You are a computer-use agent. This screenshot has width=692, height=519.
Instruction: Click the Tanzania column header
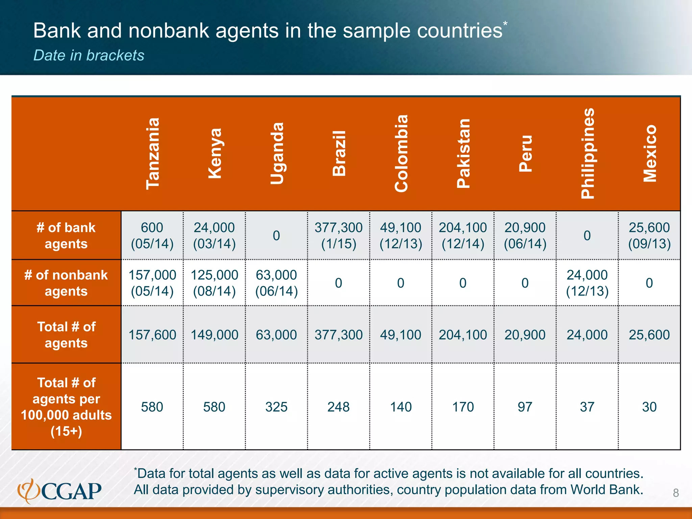152,154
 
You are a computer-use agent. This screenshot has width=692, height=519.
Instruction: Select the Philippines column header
587,154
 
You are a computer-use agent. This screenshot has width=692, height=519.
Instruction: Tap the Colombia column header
401,154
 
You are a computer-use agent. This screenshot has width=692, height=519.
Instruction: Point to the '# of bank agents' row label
66,236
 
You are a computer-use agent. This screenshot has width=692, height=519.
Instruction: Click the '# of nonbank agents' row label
66,283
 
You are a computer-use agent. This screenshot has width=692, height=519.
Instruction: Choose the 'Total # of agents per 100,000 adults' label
66,407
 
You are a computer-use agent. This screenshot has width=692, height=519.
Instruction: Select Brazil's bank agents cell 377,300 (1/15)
339,236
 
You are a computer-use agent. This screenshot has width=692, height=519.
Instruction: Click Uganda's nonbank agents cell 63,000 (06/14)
276,283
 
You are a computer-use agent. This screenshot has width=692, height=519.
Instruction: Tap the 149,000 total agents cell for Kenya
215,335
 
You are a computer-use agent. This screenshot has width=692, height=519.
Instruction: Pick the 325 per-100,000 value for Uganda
276,407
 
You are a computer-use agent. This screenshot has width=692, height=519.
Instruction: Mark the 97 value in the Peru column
525,407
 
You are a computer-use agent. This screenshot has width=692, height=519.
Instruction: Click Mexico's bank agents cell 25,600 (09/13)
649,236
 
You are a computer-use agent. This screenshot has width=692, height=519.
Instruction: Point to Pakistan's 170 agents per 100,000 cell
463,407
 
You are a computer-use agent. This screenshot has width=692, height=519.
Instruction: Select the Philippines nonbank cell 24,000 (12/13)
587,283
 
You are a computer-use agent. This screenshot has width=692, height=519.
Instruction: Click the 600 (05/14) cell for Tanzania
152,236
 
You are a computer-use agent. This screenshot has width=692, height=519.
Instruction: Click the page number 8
676,493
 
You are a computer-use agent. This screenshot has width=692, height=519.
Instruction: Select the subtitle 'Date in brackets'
89,55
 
